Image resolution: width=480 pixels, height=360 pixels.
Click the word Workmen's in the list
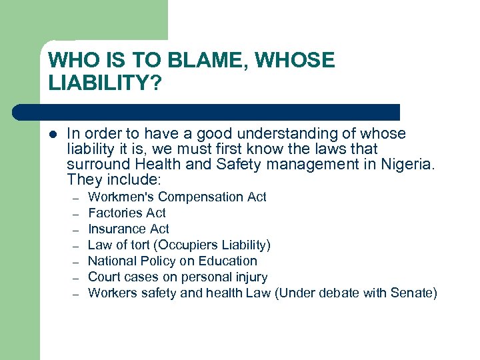pos(121,197)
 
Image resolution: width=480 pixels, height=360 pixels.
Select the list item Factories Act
pos(127,213)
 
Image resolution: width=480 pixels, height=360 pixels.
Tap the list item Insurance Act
pos(129,229)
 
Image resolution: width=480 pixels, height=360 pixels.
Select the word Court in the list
pos(104,277)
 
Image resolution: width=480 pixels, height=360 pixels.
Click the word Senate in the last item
pos(412,293)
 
